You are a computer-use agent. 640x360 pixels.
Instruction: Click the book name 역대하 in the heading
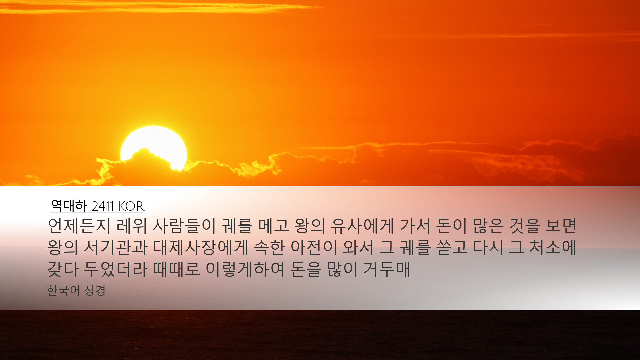tap(69, 206)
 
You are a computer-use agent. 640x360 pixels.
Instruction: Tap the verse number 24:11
tap(103, 206)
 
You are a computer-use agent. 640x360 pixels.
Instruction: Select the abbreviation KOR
tap(131, 206)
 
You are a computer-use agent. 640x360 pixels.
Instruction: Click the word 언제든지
tap(79, 226)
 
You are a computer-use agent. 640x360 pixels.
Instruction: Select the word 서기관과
tap(115, 247)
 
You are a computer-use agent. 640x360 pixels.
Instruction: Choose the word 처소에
tap(553, 247)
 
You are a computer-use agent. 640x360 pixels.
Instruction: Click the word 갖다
tap(63, 269)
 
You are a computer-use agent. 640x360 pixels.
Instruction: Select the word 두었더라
tap(115, 269)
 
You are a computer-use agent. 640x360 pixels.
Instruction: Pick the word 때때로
tap(176, 269)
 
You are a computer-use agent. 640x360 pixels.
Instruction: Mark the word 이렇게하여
tap(245, 269)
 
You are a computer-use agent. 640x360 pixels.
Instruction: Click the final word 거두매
tap(386, 269)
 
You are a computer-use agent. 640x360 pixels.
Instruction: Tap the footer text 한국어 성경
tap(76, 290)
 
